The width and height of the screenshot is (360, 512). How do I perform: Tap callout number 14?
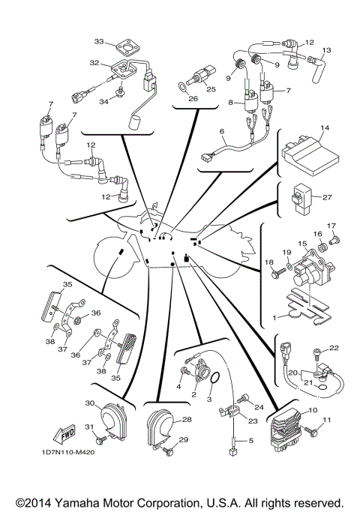pos(325,128)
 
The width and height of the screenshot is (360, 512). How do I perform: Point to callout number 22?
pos(334,348)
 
